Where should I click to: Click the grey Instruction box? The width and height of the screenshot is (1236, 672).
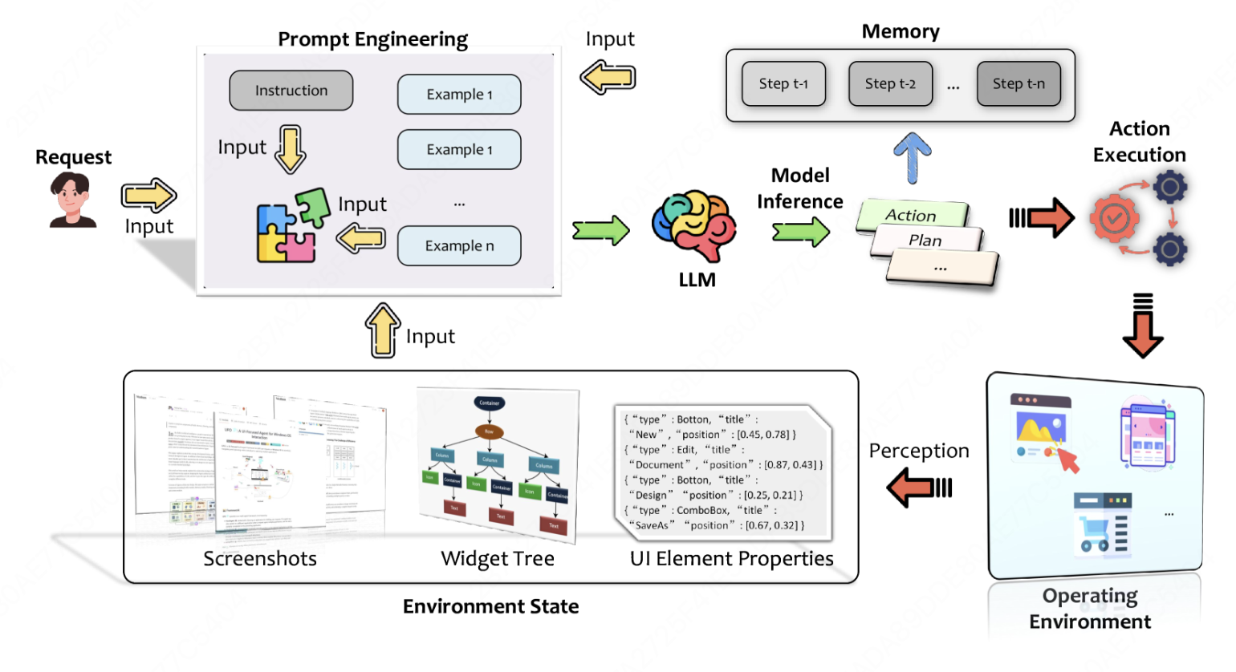pyautogui.click(x=291, y=91)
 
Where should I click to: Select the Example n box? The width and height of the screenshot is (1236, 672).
pyautogui.click(x=459, y=245)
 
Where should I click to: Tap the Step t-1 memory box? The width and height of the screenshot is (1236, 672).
pyautogui.click(x=783, y=83)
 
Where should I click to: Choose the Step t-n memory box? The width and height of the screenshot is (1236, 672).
pyautogui.click(x=1018, y=83)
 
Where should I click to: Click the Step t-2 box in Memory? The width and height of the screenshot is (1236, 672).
pyautogui.click(x=890, y=83)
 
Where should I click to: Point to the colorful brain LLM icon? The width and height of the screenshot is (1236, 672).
pyautogui.click(x=695, y=225)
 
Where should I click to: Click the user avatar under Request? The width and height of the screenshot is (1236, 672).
pyautogui.click(x=72, y=200)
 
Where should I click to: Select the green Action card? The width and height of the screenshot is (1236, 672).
pyautogui.click(x=912, y=215)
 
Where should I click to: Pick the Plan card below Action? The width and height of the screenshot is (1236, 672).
pyautogui.click(x=926, y=240)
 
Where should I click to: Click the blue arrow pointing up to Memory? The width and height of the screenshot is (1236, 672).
pyautogui.click(x=913, y=157)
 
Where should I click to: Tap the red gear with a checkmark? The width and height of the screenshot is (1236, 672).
pyautogui.click(x=1114, y=217)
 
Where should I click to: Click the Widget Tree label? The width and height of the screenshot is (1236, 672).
pyautogui.click(x=498, y=559)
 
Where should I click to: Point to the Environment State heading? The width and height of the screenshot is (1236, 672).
pyautogui.click(x=490, y=606)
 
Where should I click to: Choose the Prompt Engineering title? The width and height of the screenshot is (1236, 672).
pyautogui.click(x=372, y=39)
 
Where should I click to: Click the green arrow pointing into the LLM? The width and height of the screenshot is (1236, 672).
pyautogui.click(x=601, y=231)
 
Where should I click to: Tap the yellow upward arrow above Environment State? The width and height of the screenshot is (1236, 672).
pyautogui.click(x=383, y=330)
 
